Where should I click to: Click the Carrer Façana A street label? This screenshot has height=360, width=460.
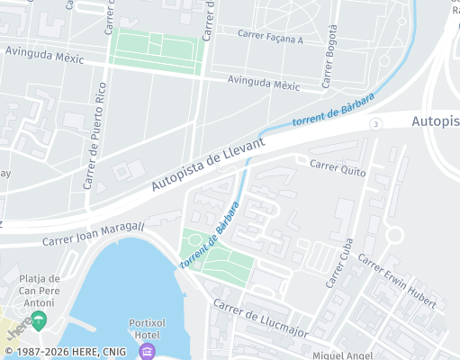tap(270, 37)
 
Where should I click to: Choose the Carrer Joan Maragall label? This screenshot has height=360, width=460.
tap(93, 235)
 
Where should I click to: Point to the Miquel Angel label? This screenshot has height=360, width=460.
tap(342, 355)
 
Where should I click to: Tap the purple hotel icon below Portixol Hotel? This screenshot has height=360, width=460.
tap(147, 350)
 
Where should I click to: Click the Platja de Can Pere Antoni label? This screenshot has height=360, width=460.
tap(39, 290)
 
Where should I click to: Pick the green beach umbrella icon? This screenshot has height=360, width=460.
tap(40, 319)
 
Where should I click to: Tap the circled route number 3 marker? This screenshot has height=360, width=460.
tap(375, 122)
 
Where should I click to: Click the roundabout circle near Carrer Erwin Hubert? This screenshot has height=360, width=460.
tap(393, 236)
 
